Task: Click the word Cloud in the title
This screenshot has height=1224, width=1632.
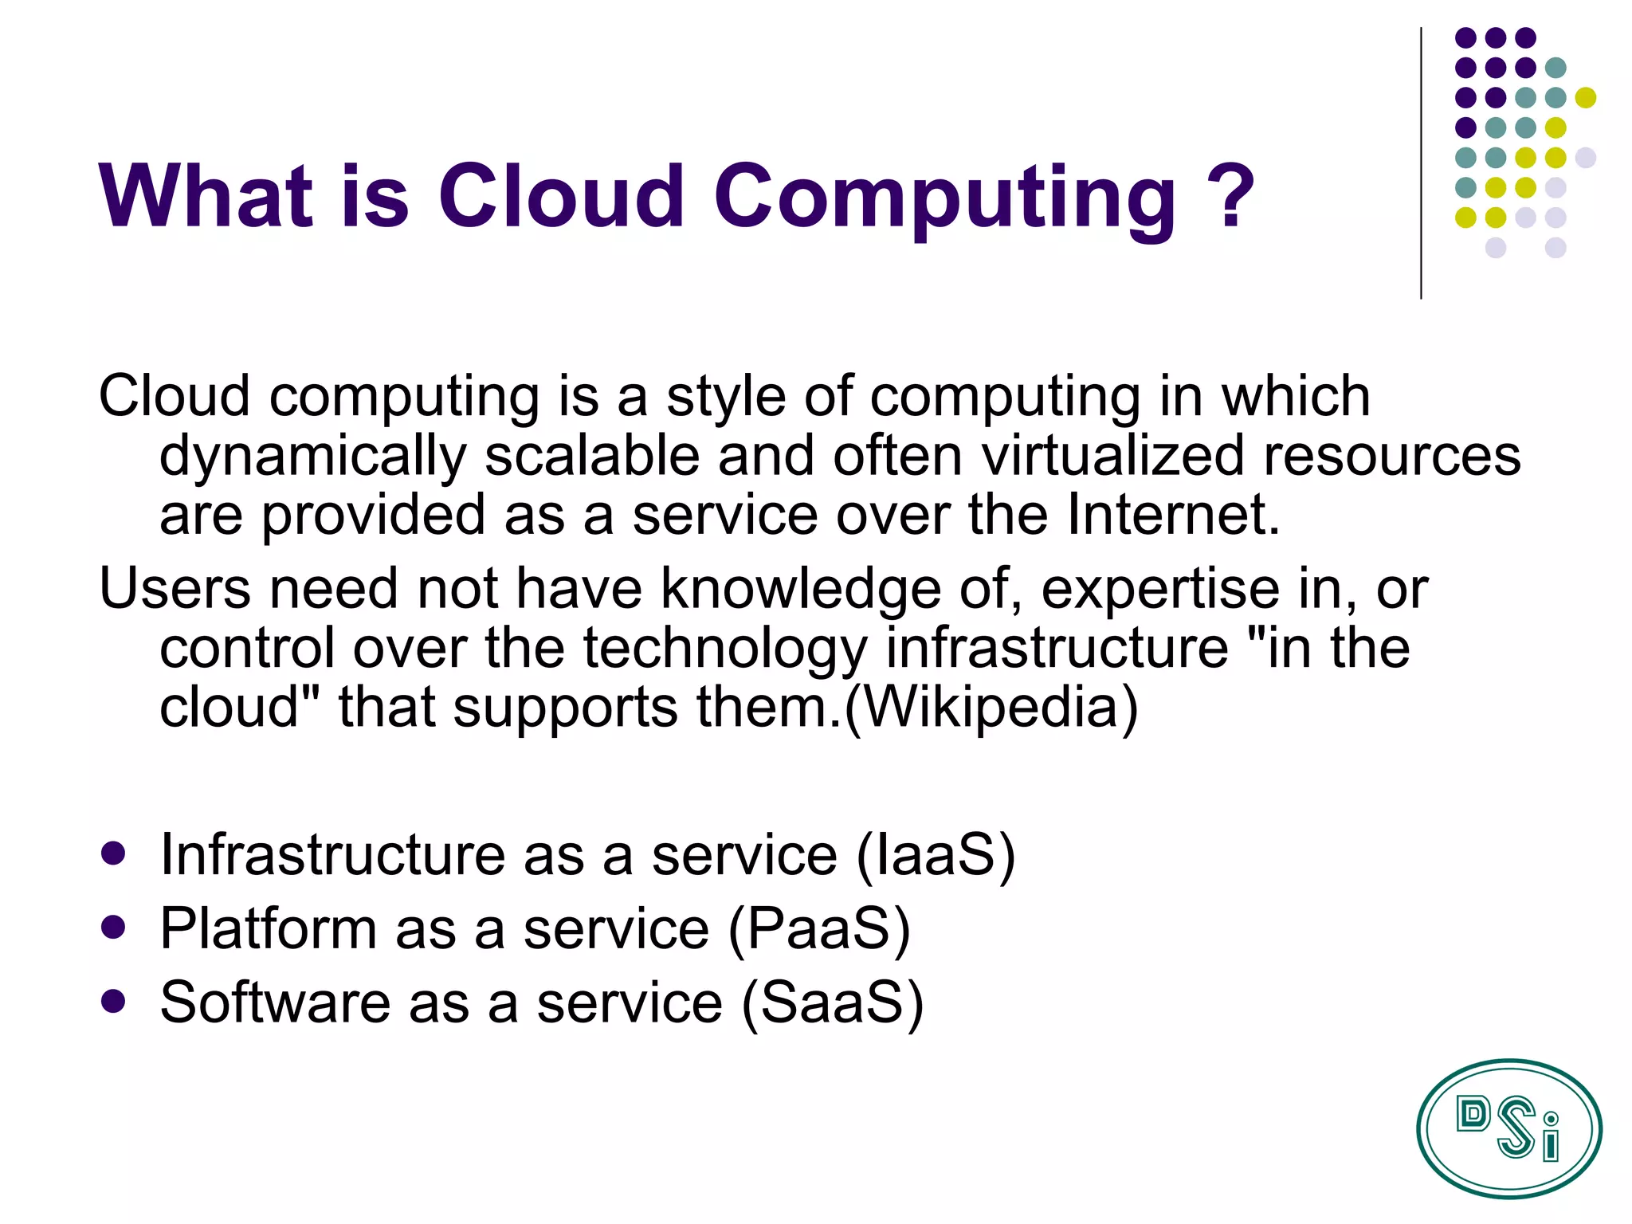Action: [560, 196]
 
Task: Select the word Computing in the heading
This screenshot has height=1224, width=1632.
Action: [944, 199]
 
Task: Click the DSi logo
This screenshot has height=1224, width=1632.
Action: [1508, 1128]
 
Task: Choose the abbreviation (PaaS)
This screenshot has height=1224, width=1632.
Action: [818, 929]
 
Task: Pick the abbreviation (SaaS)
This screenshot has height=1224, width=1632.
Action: [832, 1002]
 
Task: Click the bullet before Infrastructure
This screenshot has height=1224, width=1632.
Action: [114, 853]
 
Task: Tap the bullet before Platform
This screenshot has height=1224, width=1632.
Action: [114, 927]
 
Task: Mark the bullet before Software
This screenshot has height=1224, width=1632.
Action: [114, 1001]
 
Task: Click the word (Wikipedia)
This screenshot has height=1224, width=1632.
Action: [991, 708]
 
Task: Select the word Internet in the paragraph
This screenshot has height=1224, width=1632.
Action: [1172, 515]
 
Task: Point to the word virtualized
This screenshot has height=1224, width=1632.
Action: [1112, 456]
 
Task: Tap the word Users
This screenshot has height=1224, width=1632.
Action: [175, 589]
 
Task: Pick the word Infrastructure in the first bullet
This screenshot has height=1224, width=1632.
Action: [332, 854]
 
